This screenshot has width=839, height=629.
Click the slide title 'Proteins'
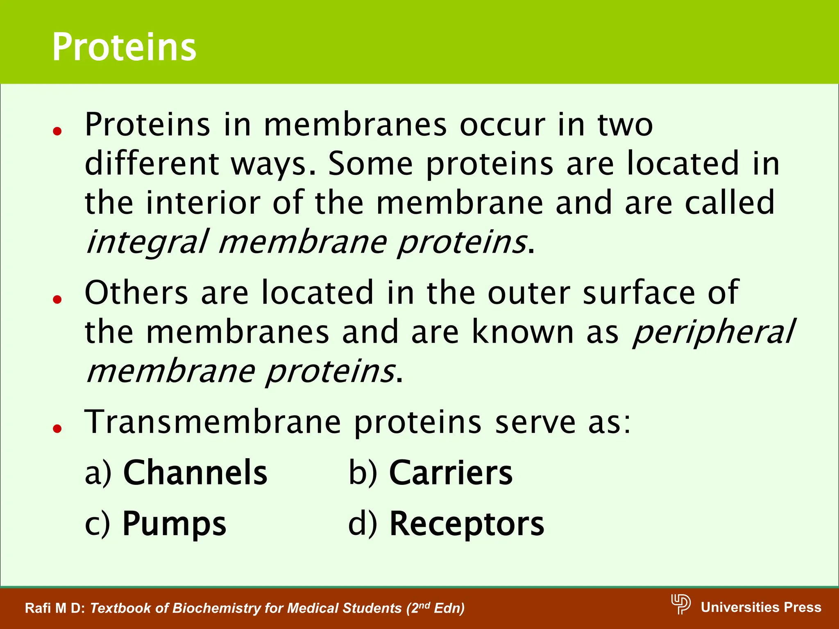(x=124, y=48)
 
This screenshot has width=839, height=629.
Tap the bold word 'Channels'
(x=195, y=473)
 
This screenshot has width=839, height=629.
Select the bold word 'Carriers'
(x=451, y=473)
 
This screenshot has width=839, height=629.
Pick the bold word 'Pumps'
(x=174, y=524)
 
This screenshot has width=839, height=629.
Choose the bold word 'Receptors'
(x=467, y=524)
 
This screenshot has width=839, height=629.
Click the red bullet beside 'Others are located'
(x=57, y=299)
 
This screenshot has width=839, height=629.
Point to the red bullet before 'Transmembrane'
(x=57, y=429)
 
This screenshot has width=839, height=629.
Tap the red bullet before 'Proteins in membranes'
(x=57, y=131)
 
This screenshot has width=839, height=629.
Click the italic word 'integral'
(x=147, y=242)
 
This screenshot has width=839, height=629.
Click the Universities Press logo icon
(x=680, y=604)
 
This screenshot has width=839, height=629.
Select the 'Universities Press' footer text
(x=761, y=607)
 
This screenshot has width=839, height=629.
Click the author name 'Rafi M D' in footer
(x=54, y=608)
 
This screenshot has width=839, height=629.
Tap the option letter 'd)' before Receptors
(x=362, y=524)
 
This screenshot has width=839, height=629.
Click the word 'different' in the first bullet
(x=152, y=163)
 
